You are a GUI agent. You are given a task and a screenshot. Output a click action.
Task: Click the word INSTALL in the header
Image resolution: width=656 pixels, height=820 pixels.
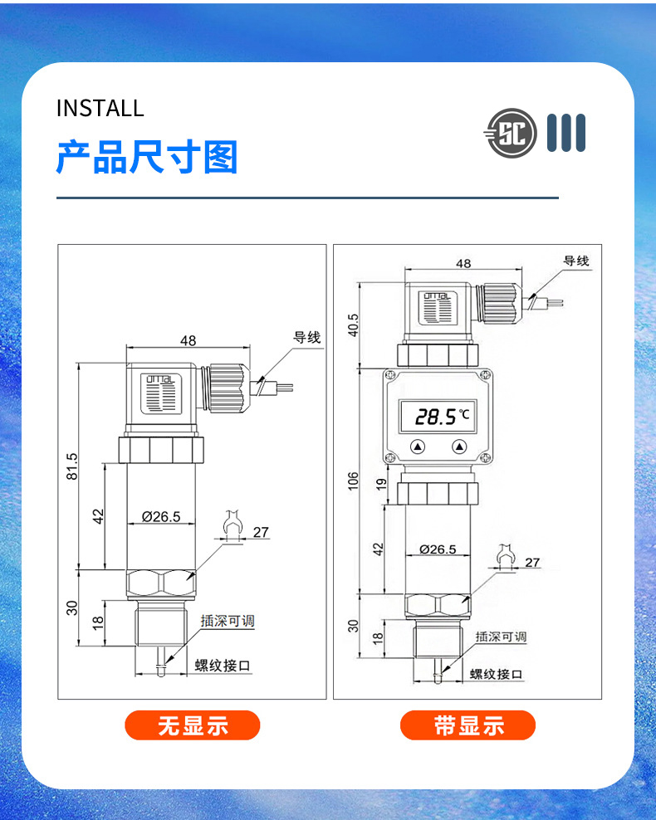pyautogui.click(x=100, y=108)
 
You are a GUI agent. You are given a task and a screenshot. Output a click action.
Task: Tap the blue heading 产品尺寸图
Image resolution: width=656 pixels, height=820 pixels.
pyautogui.click(x=147, y=157)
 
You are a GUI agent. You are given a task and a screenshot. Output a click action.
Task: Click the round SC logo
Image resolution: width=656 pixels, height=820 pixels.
pyautogui.click(x=512, y=134)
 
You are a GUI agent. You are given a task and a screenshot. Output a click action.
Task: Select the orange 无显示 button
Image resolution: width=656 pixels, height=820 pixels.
pyautogui.click(x=193, y=725)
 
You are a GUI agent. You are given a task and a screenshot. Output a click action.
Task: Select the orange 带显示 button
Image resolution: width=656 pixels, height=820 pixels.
pyautogui.click(x=468, y=725)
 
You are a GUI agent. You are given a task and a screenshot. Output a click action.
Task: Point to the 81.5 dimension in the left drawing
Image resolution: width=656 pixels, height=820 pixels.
pyautogui.click(x=71, y=466)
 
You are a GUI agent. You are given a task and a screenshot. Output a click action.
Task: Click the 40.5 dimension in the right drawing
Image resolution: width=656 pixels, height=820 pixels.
pyautogui.click(x=353, y=325)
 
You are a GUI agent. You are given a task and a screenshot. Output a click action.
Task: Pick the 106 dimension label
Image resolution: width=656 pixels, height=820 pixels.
pyautogui.click(x=353, y=481)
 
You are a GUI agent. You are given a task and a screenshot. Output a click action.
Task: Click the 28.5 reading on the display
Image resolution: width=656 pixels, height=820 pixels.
pyautogui.click(x=436, y=417)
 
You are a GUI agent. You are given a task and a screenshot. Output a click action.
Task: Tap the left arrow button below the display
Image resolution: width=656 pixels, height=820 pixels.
pyautogui.click(x=418, y=447)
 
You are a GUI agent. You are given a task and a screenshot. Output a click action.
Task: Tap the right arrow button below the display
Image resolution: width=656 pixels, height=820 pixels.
pyautogui.click(x=459, y=447)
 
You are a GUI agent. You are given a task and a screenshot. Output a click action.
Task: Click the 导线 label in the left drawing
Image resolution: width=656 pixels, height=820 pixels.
pyautogui.click(x=306, y=337)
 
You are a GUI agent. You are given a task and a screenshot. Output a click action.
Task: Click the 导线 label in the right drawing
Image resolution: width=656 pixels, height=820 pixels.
pyautogui.click(x=576, y=261)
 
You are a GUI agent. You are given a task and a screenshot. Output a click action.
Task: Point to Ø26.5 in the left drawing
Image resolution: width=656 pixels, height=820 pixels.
pyautogui.click(x=161, y=517)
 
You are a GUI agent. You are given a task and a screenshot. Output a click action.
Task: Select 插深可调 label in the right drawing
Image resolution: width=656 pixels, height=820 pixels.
pyautogui.click(x=501, y=637)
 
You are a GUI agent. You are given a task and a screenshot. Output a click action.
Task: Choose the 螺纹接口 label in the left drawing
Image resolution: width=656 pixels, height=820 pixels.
pyautogui.click(x=223, y=665)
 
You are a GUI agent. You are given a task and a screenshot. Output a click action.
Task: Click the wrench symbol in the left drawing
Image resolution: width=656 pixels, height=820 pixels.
pyautogui.click(x=233, y=524)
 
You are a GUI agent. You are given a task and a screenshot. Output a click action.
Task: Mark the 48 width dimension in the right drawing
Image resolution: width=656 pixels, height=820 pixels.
pyautogui.click(x=463, y=263)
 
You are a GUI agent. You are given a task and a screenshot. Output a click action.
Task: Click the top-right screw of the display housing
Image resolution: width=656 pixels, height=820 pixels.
pyautogui.click(x=485, y=374)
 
